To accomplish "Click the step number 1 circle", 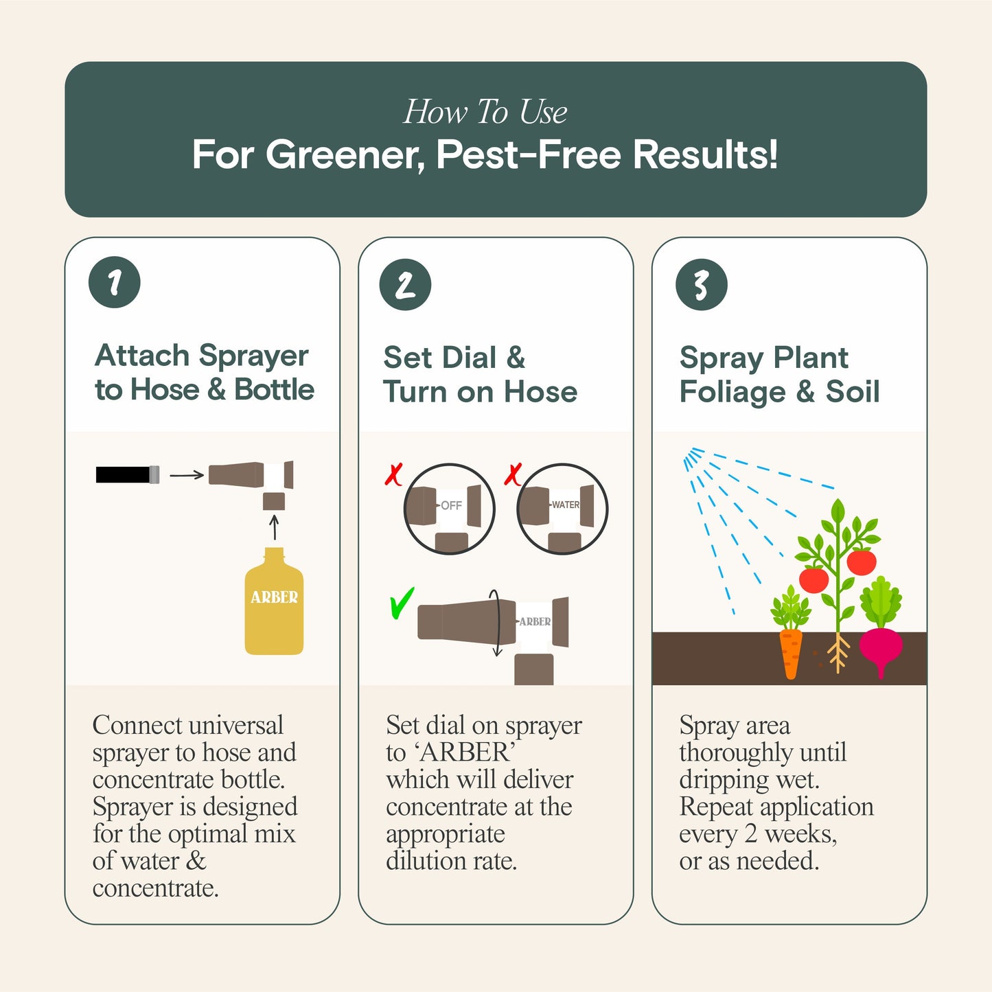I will pos(115,282).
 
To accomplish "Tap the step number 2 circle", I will pos(405,284).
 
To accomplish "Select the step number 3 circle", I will pos(701,284).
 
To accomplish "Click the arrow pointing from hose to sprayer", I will pos(187,474).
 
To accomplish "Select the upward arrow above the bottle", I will pos(274,527).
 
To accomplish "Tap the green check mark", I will pos(401,603).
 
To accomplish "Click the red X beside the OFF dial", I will pos(394,474).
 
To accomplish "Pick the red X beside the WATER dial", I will pos(513,474).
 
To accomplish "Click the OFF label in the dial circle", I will pos(451,506).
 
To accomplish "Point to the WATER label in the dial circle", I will pos(566,505).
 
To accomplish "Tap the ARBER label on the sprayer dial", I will pos(535,622).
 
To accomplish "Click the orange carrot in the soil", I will pos(791,652).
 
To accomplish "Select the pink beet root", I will pos(881,649).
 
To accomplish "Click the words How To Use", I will pos(485,112).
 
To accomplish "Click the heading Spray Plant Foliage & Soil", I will pos(779,375).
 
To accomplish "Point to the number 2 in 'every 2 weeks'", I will pos(751,834).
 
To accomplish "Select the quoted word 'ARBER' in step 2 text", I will pos(464,753).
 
